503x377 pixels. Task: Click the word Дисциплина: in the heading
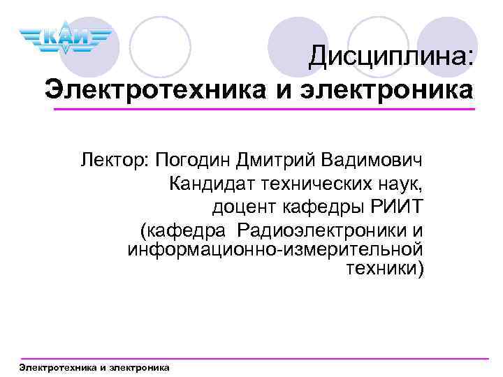coord(392,55)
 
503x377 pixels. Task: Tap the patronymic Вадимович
coord(372,162)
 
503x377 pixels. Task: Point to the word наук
coord(399,184)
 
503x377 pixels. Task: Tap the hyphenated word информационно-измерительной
coord(275,249)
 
